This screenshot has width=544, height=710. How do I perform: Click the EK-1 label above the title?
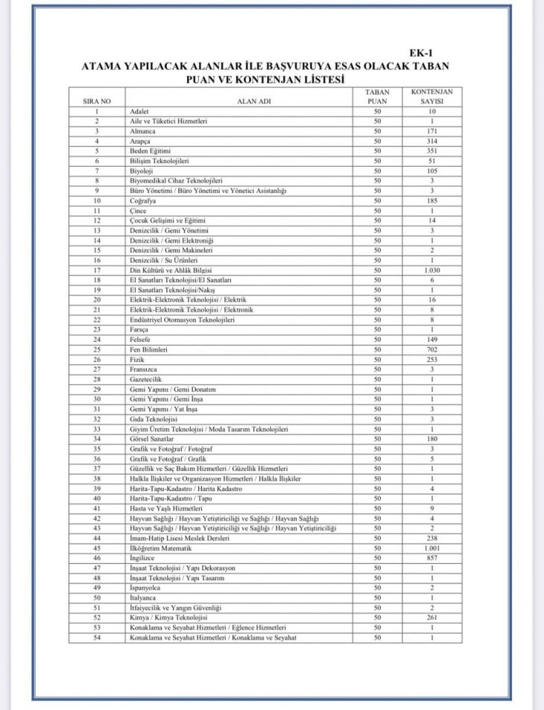click(420, 53)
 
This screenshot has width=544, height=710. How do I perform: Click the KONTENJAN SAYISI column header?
click(431, 96)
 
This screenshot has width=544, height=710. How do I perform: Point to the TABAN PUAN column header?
click(378, 96)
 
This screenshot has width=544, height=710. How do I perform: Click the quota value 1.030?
click(431, 270)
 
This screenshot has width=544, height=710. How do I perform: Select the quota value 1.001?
click(431, 548)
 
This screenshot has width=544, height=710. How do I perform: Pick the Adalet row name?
click(139, 112)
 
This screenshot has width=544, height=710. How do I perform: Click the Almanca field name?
click(142, 131)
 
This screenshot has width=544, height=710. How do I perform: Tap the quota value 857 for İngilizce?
click(431, 557)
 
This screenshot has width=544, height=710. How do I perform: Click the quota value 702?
click(431, 349)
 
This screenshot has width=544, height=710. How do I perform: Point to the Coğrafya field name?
click(145, 200)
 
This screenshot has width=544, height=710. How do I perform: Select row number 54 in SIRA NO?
click(97, 637)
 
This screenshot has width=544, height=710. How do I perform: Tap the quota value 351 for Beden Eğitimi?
click(431, 151)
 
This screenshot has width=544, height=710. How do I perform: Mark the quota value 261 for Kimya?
click(431, 617)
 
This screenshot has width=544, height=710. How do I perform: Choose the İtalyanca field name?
click(145, 598)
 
